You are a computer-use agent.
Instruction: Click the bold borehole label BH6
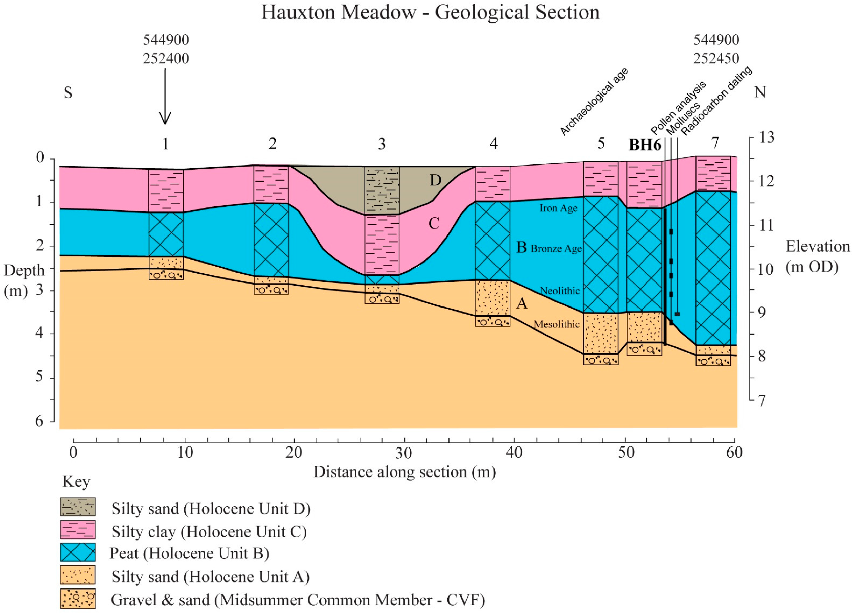(645, 145)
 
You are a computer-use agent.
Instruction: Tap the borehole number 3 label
(382, 144)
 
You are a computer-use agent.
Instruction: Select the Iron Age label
(558, 208)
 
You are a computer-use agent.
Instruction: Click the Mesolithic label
(557, 324)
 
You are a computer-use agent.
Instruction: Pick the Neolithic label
(560, 291)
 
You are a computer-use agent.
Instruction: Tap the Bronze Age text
(556, 248)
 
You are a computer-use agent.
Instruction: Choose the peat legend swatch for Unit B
(78, 552)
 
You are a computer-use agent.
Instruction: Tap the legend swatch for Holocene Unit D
(78, 507)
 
